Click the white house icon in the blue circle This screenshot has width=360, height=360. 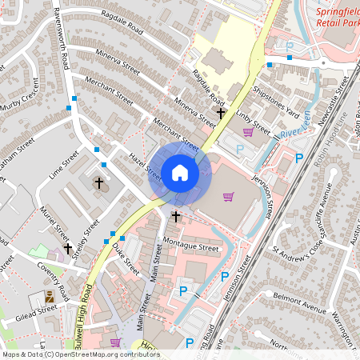[x=180, y=172]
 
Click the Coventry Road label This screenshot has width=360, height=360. [x=55, y=277]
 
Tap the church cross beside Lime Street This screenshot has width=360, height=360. [x=99, y=183]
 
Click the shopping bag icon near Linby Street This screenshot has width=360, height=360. [x=248, y=132]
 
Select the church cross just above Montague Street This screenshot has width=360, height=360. [x=175, y=217]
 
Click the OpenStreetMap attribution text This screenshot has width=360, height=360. [x=81, y=354]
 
